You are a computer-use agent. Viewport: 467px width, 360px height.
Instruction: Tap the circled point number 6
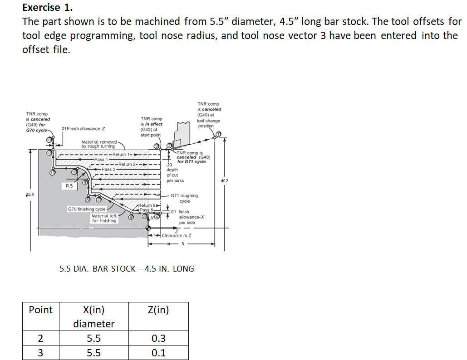pyautogui.click(x=131, y=217)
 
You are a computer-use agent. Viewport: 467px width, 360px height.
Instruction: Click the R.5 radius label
pyautogui.click(x=69, y=186)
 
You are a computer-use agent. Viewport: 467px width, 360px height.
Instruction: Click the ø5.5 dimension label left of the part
pyautogui.click(x=30, y=195)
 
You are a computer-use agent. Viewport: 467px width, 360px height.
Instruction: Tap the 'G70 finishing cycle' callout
pyautogui.click(x=87, y=209)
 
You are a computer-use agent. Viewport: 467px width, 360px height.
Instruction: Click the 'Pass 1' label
pyautogui.click(x=101, y=160)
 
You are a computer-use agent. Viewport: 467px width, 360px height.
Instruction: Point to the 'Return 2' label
pyautogui.click(x=128, y=164)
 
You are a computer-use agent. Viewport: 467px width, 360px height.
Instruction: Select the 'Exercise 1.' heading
pyautogui.click(x=48, y=7)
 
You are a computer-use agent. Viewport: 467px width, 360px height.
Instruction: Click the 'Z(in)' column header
pyautogui.click(x=158, y=310)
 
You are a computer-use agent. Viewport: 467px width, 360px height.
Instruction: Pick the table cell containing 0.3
pyautogui.click(x=158, y=338)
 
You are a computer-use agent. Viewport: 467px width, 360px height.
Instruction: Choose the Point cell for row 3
pyautogui.click(x=40, y=353)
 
